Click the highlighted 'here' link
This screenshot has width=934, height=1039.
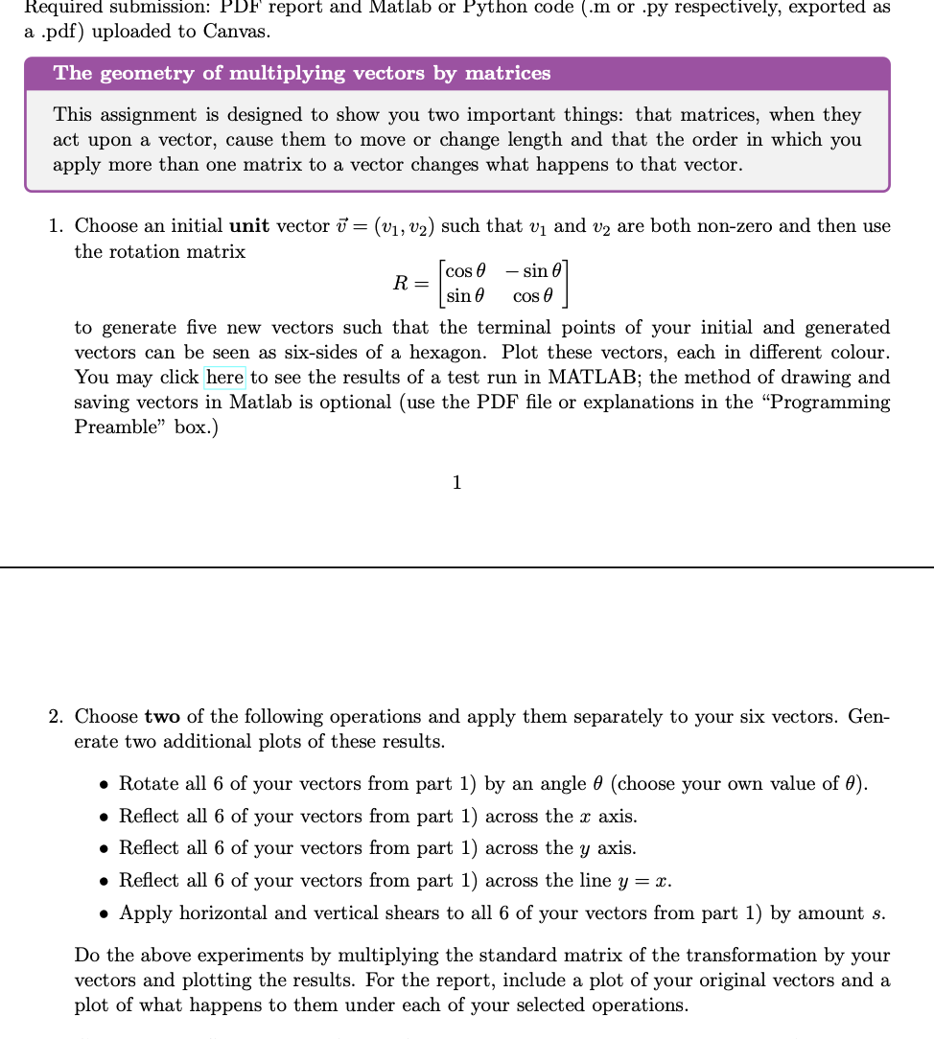[x=224, y=378]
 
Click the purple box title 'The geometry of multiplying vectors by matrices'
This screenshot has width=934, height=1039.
[x=302, y=74]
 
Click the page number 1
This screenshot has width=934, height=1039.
[x=456, y=483]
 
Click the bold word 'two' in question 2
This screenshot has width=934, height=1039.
[x=163, y=717]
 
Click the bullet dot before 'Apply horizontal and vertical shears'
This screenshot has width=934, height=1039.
[x=104, y=913]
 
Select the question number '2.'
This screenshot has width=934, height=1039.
[x=58, y=717]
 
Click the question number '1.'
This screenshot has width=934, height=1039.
[x=58, y=227]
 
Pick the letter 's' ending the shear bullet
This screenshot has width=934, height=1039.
[x=878, y=913]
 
